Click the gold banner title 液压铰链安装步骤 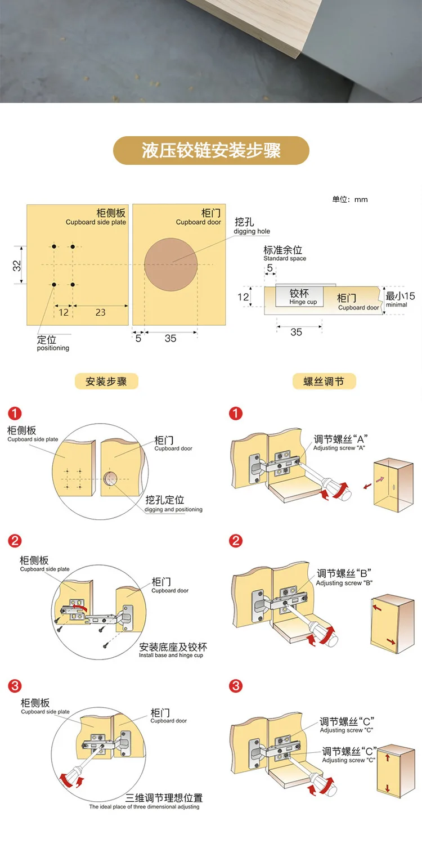coord(211,151)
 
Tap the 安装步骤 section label coord(106,381)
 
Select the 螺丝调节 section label coord(324,381)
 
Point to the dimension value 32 coord(17,264)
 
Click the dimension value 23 coord(100,312)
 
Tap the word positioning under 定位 coord(53,348)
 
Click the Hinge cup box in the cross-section coord(300,297)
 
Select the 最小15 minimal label coord(400,299)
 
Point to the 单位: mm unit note coord(349,199)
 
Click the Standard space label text coord(285,258)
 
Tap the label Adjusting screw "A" coord(339,448)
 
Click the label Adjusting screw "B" coord(344,583)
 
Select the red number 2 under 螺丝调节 coord(236,541)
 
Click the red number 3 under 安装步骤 coord(15,685)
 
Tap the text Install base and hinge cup coord(171,655)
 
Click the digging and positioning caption coord(173,509)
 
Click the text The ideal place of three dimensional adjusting coord(144,806)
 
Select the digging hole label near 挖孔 coord(252,231)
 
